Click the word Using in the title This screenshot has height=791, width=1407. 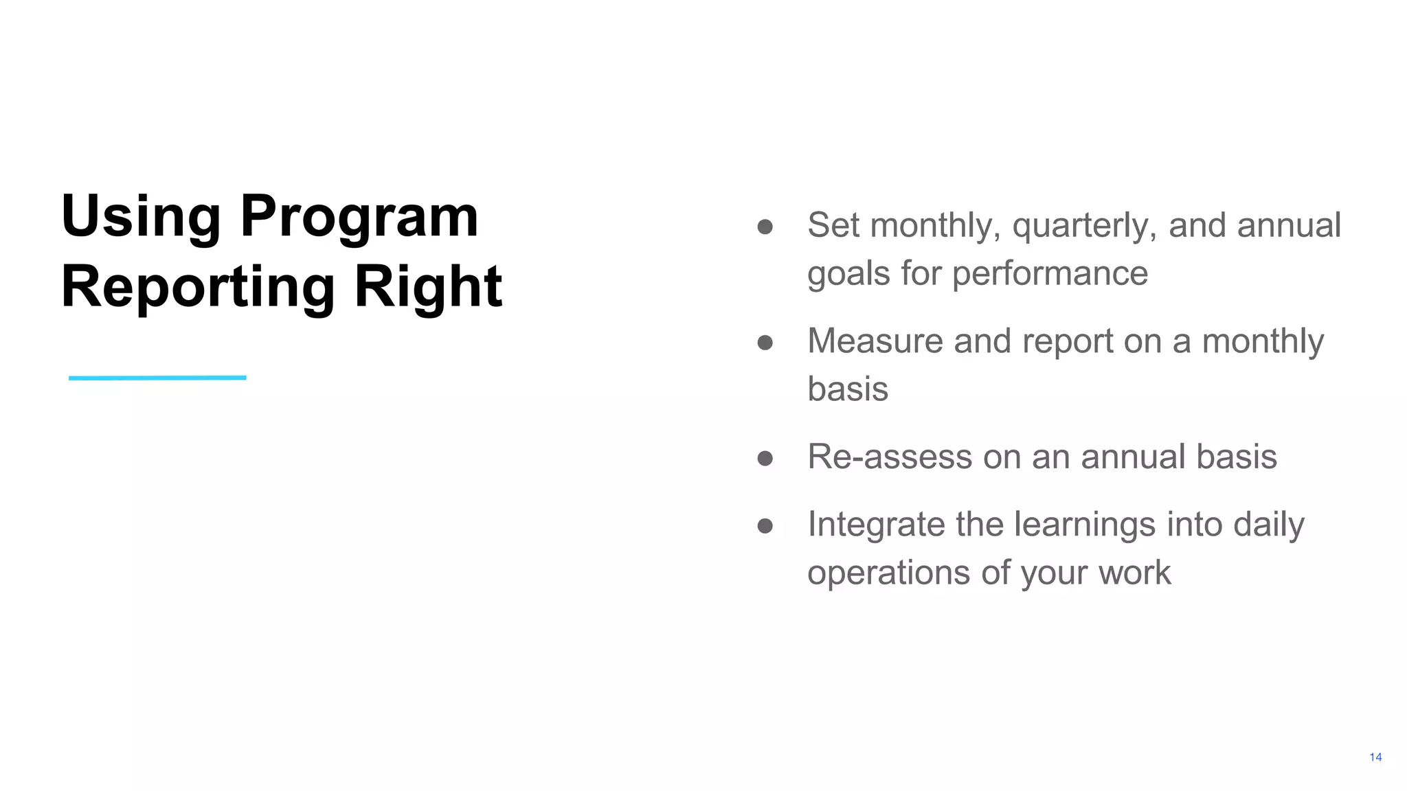point(140,217)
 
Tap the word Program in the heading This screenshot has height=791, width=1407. point(359,217)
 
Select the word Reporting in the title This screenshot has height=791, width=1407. point(198,287)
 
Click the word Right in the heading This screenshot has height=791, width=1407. point(427,287)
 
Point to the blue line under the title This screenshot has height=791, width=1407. point(157,378)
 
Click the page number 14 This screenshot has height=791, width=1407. point(1375,757)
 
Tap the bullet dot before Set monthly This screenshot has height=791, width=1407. point(765,227)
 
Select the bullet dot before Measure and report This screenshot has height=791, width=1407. point(765,342)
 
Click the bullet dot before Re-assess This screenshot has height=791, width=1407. point(765,458)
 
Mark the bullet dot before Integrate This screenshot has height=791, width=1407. point(765,526)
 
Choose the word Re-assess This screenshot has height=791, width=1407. point(890,457)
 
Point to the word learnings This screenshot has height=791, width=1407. point(1085,525)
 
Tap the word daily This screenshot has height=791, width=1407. point(1268,525)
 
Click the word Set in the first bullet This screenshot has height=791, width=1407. point(833,225)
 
